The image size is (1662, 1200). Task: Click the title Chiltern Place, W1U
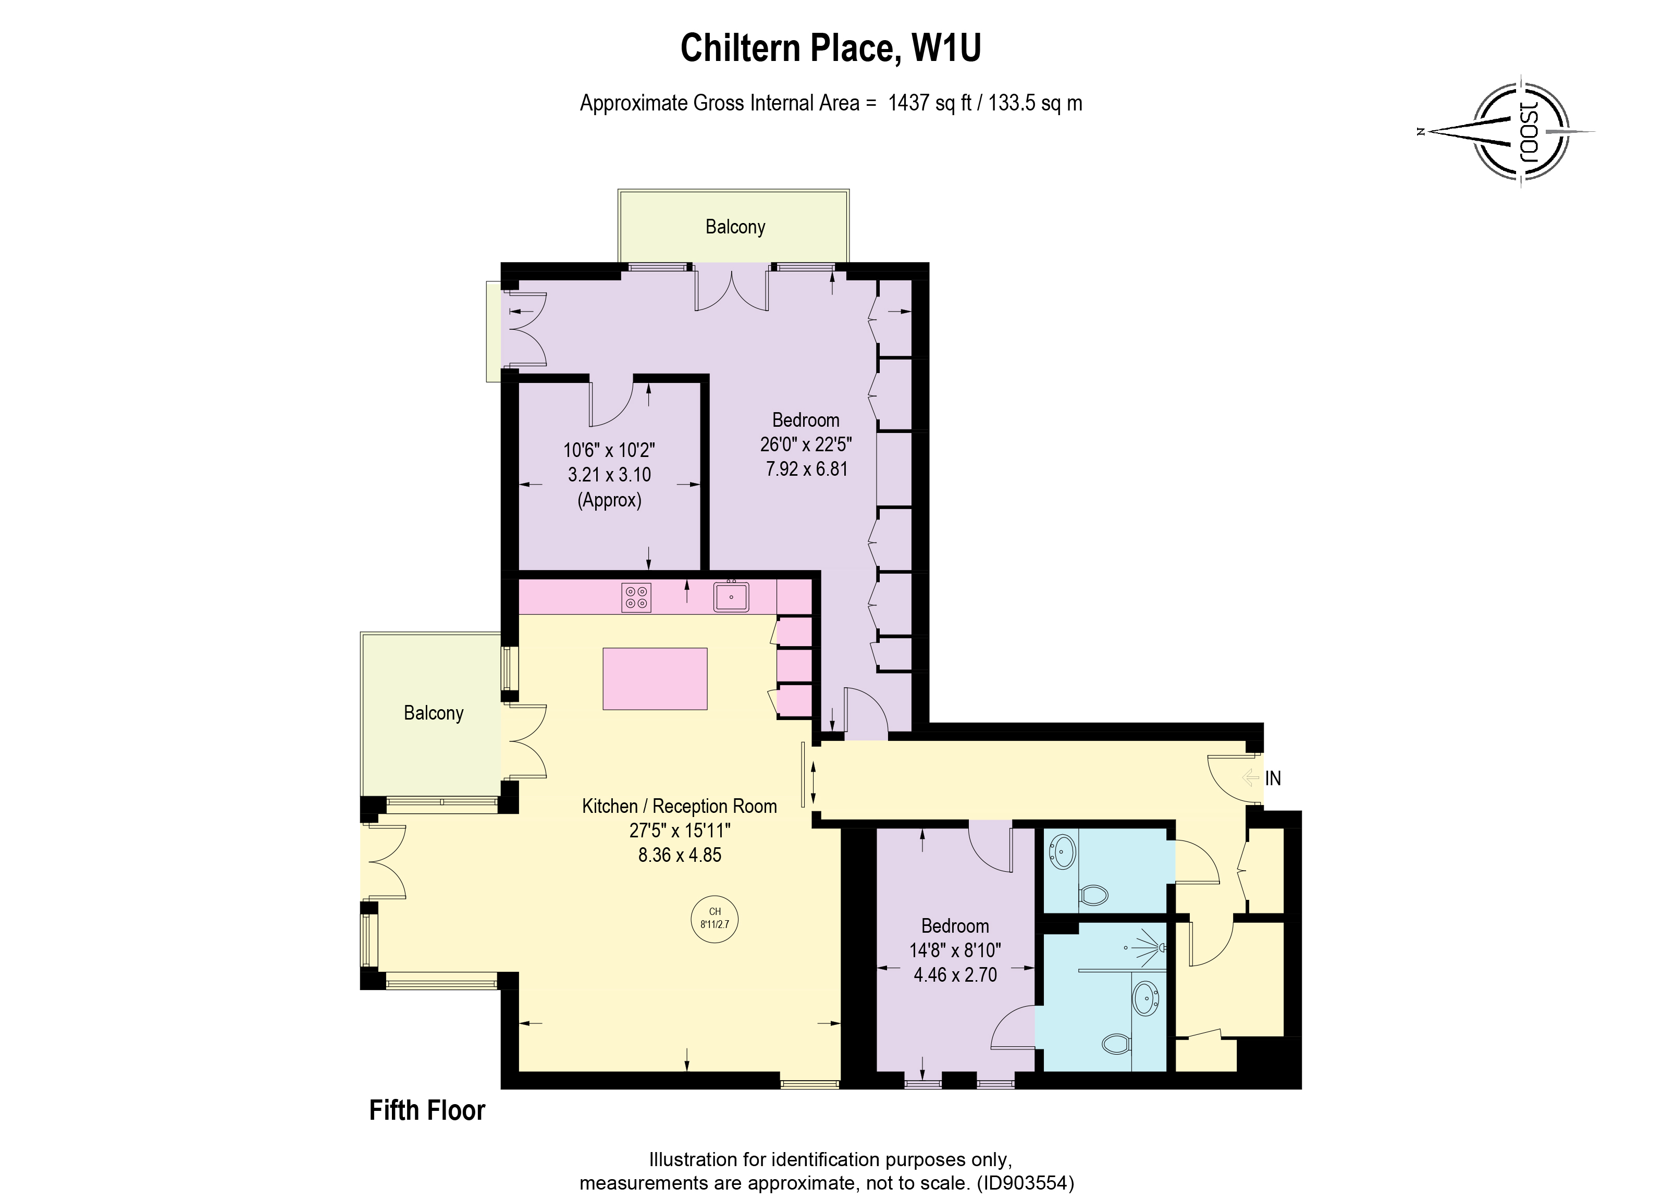(x=830, y=48)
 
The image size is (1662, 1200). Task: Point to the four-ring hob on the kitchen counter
(x=636, y=596)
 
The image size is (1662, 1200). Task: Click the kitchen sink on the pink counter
(x=731, y=596)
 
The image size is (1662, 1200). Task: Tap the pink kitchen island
(x=655, y=678)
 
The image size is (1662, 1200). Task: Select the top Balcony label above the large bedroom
(x=735, y=227)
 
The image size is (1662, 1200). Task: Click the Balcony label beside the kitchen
(x=433, y=713)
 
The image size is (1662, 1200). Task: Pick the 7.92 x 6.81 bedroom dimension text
(x=806, y=469)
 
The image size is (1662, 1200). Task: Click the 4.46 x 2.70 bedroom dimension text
(x=955, y=974)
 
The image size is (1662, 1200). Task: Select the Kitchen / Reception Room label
(x=679, y=806)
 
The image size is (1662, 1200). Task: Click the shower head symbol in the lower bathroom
(x=1161, y=947)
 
